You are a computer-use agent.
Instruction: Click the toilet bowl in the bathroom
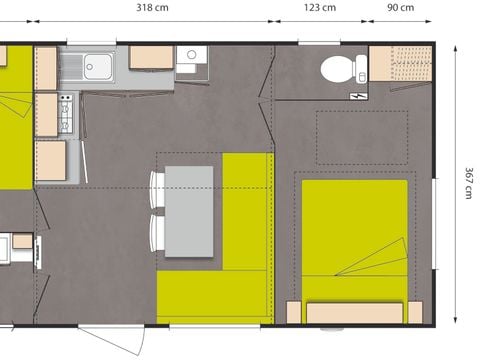(335, 69)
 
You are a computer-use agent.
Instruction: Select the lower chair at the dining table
(157, 234)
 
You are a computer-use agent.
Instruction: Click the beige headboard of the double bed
(355, 313)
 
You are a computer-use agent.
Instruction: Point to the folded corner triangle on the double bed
(381, 262)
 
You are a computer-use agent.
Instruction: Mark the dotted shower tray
(400, 63)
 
